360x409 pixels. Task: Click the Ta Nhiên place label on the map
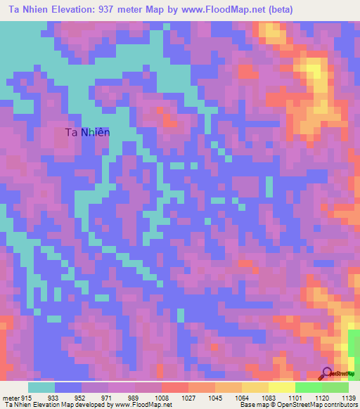click(87, 132)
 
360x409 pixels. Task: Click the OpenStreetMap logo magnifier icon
click(328, 373)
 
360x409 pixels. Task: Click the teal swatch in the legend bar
click(41, 387)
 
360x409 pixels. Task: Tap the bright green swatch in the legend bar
click(308, 387)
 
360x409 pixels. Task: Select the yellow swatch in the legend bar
click(281, 387)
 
